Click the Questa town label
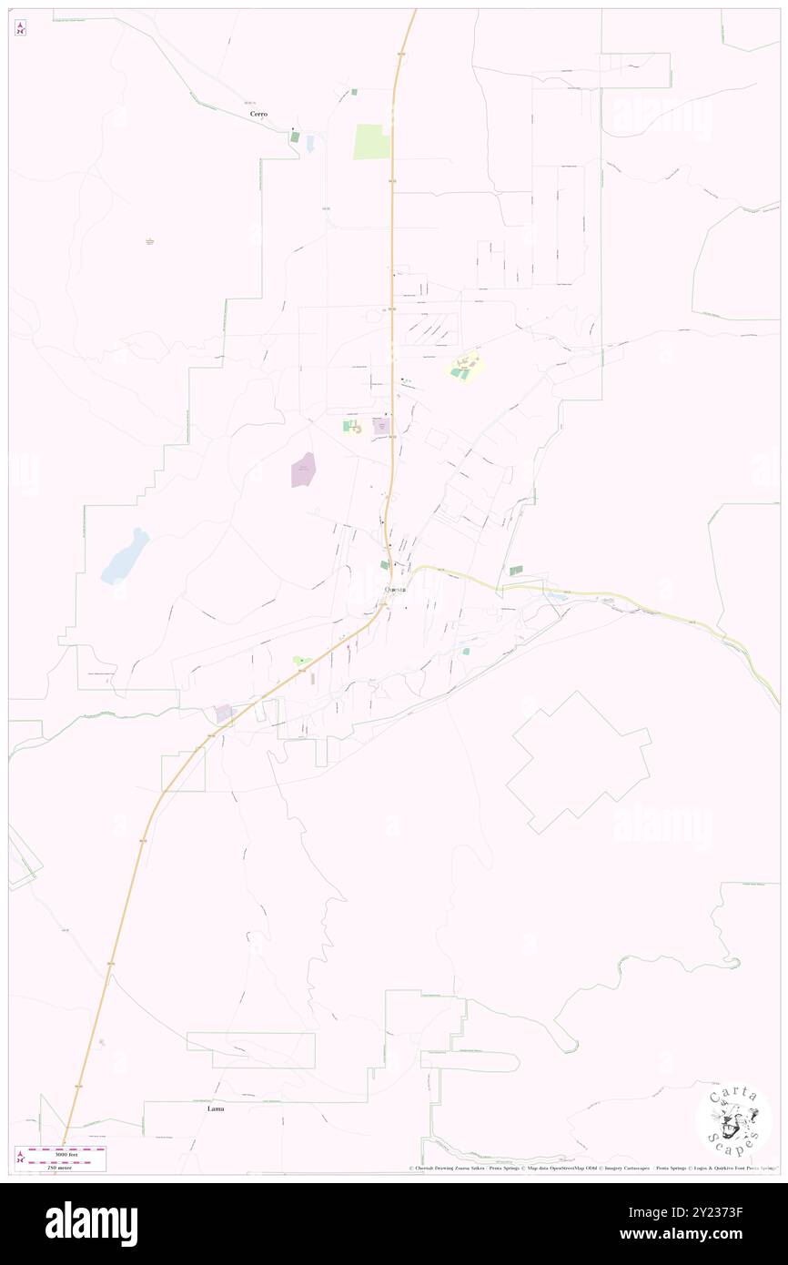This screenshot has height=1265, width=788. point(395,590)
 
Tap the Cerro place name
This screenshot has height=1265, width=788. point(259,114)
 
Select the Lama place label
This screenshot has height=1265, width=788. point(216,1108)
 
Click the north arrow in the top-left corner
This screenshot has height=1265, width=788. point(20,28)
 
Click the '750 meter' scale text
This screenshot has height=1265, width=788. point(60,1166)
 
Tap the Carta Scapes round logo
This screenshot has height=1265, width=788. point(733,1119)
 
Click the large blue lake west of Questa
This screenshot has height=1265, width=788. point(125,555)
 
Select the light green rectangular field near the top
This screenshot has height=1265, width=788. point(371,142)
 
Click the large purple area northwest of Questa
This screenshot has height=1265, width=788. point(303,470)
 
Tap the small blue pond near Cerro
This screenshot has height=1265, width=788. point(310,143)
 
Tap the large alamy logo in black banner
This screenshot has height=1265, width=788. point(91,1222)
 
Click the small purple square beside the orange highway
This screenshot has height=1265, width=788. point(223,713)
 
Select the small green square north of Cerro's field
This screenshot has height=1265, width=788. point(354,92)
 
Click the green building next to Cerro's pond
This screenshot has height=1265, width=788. point(295,137)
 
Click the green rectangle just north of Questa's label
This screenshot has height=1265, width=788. point(384,565)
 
